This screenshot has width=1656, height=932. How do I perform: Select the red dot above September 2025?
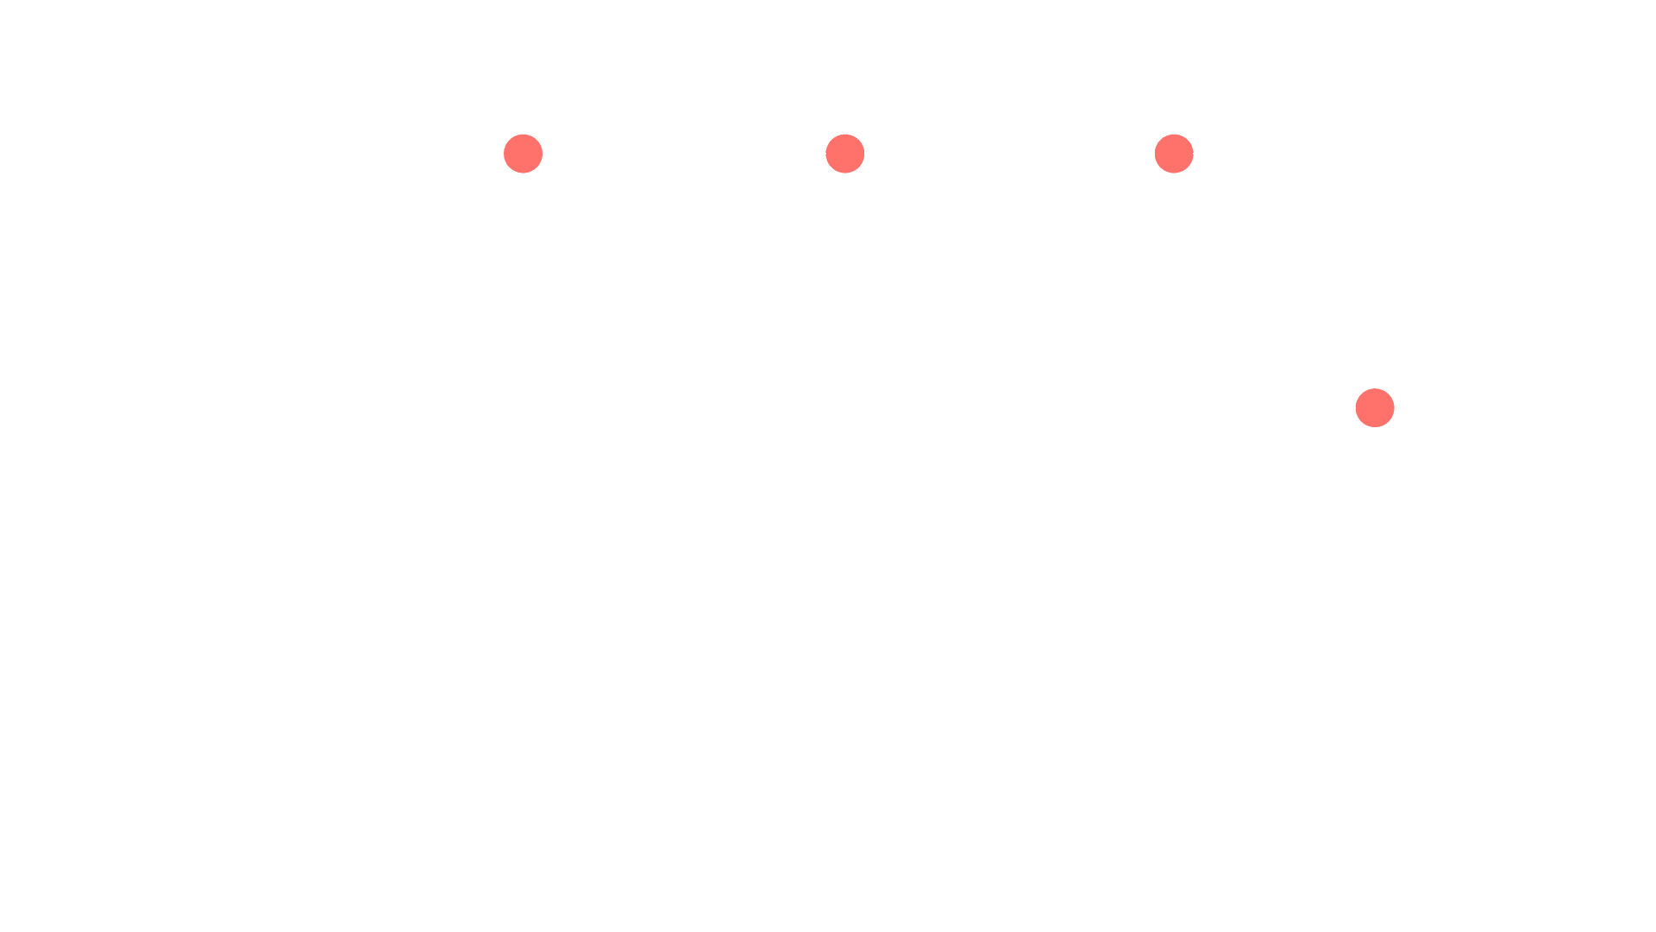(x=523, y=154)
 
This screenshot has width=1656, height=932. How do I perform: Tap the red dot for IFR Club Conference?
(x=844, y=154)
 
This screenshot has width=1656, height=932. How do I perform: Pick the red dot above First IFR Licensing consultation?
(x=1174, y=154)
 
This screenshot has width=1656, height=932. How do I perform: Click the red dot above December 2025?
(x=1374, y=408)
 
